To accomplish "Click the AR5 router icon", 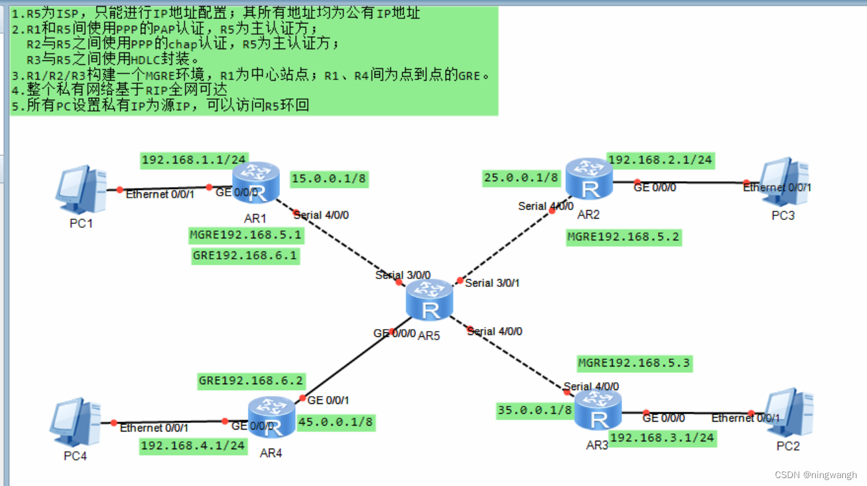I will pos(430,300).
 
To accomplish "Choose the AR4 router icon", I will pos(271,418).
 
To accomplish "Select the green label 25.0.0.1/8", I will pos(521,177).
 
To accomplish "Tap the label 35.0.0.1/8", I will pos(535,410).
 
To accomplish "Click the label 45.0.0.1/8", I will pos(336,422).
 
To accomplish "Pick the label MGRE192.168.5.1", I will pos(246,234).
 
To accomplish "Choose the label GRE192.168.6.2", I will pos(251,380).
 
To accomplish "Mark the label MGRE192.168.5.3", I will pos(634,363).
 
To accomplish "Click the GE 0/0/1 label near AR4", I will pos(328,400).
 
